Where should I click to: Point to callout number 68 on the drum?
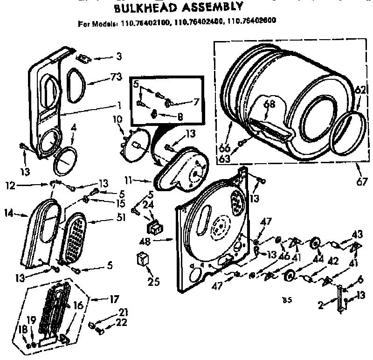(267, 104)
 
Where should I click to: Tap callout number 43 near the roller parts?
(358, 233)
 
